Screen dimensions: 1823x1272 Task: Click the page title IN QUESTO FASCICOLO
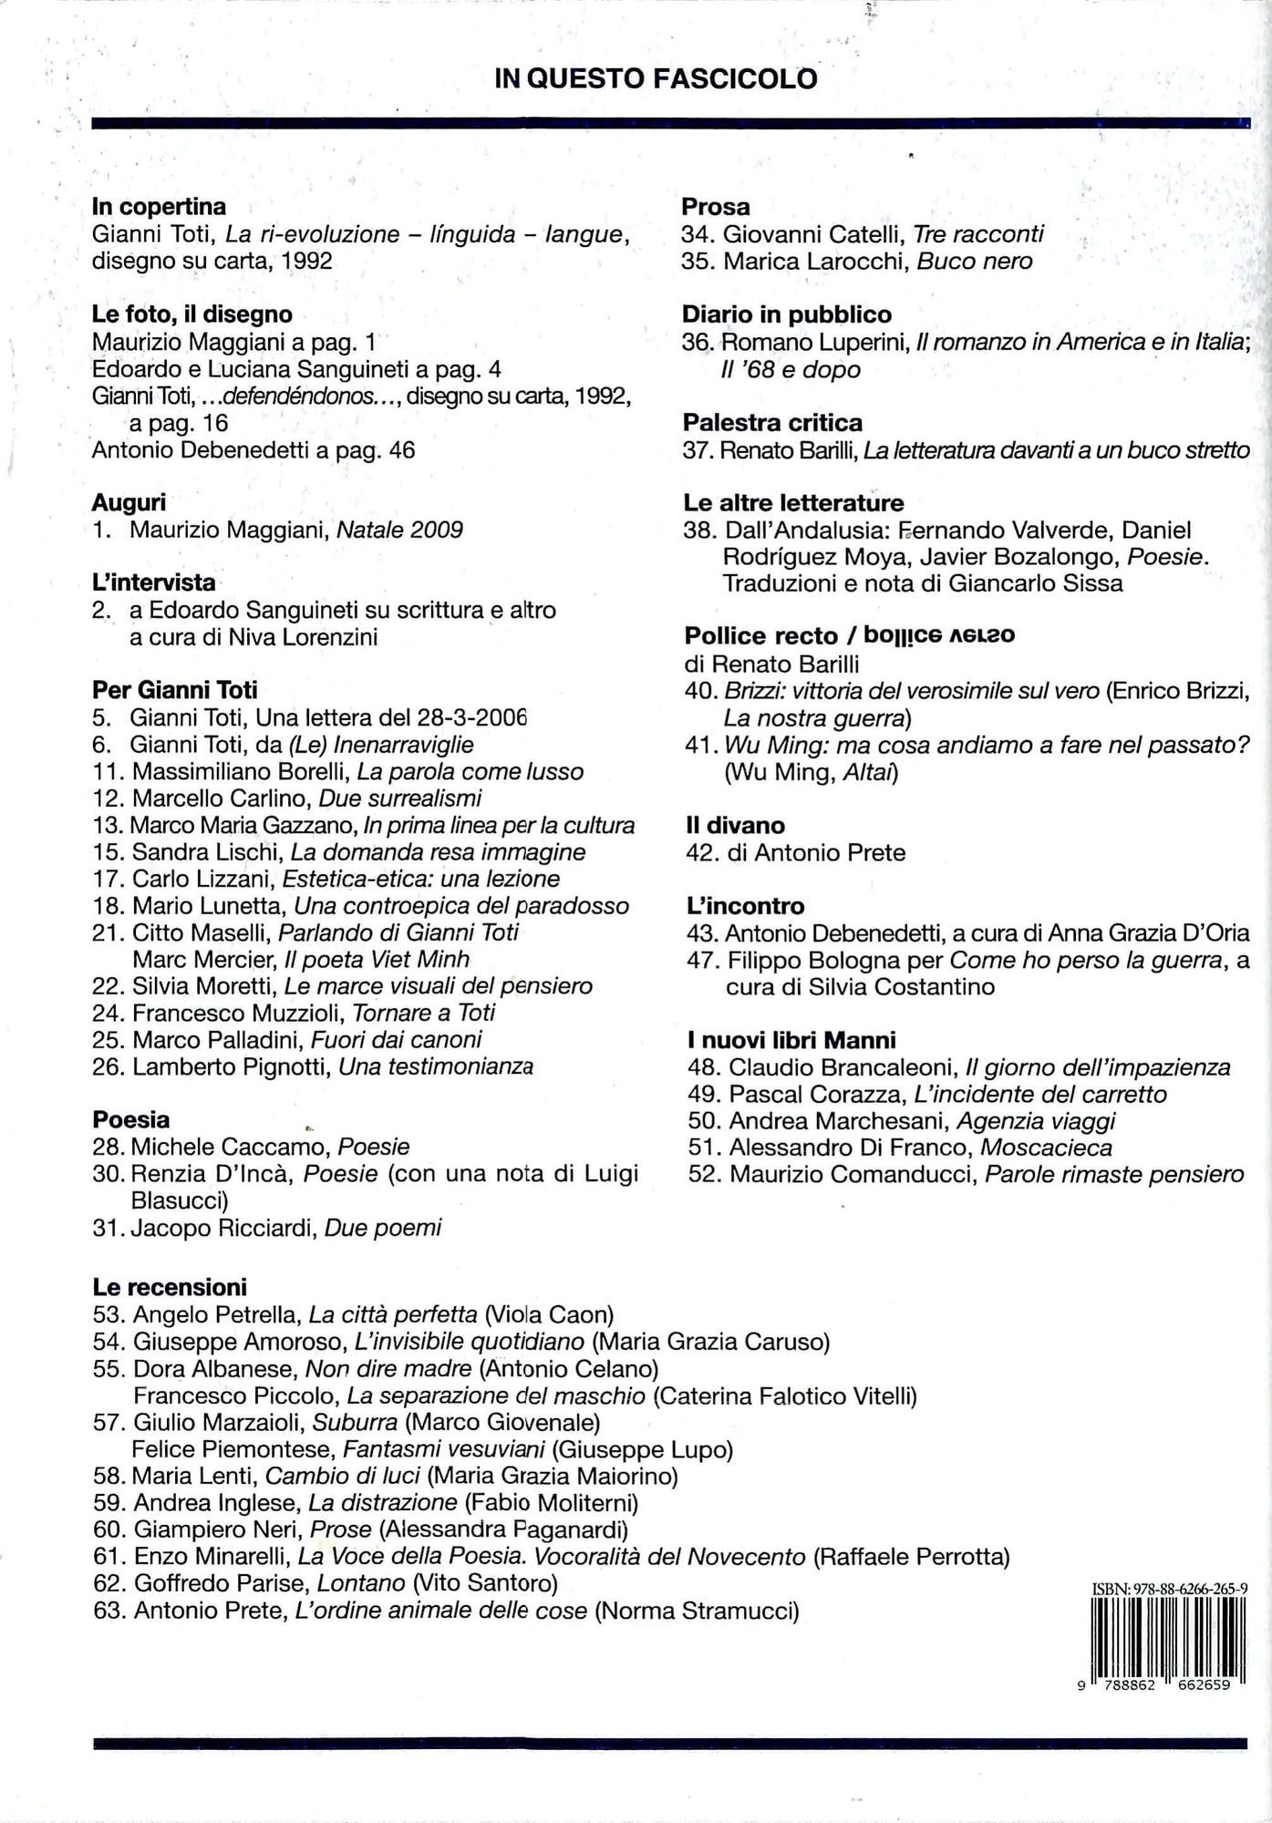coord(655,79)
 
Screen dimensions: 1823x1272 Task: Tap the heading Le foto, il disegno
coord(191,314)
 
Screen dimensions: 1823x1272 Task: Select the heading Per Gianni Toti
coord(174,690)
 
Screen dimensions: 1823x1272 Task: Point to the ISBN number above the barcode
coord(1169,1589)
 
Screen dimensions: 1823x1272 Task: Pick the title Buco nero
coord(974,262)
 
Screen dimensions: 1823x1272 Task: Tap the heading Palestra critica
coord(771,423)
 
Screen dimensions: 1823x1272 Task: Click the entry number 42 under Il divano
coord(702,853)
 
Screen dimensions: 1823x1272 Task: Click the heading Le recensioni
coord(170,1287)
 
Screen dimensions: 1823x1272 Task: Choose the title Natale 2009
coord(399,530)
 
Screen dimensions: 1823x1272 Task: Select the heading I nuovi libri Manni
coord(791,1040)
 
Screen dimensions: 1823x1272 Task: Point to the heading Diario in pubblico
coord(786,314)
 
